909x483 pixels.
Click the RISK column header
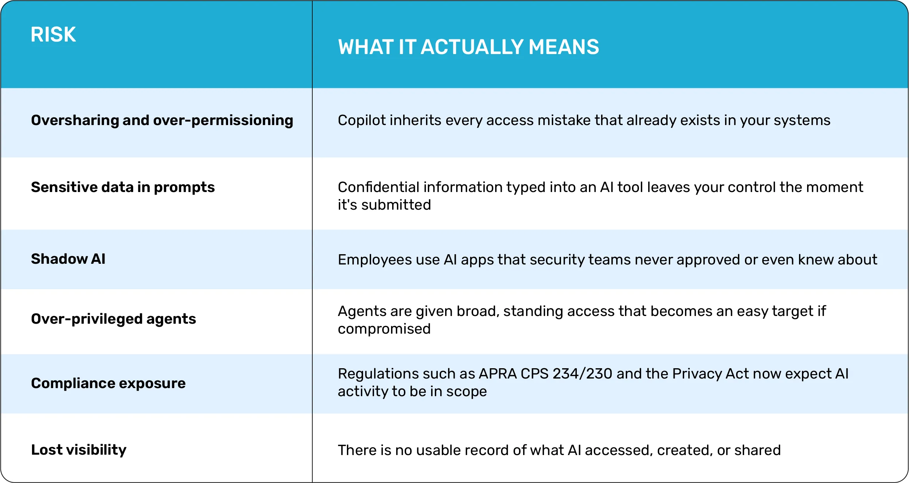(53, 35)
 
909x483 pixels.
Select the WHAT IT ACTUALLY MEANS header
(469, 47)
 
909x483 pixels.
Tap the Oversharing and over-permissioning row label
(162, 120)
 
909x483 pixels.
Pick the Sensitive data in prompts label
(123, 187)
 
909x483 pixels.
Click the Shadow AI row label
(68, 259)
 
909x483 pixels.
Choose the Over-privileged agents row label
(114, 319)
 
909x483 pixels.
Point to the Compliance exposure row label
(109, 383)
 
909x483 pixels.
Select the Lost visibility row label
(79, 450)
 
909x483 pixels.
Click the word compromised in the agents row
(384, 329)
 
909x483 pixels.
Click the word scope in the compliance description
(466, 392)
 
